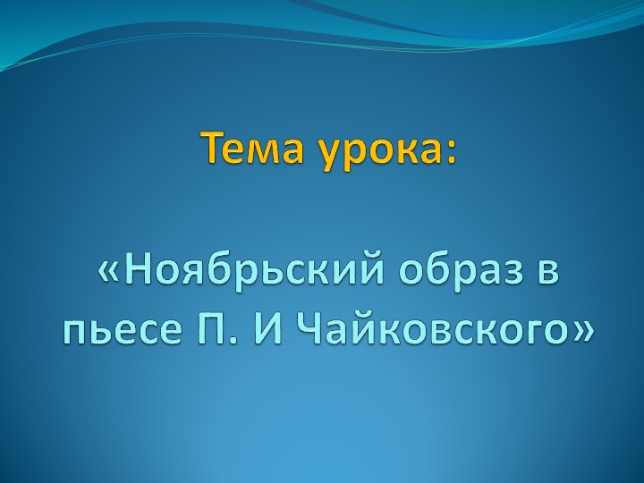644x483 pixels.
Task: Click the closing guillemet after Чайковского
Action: click(580, 333)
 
